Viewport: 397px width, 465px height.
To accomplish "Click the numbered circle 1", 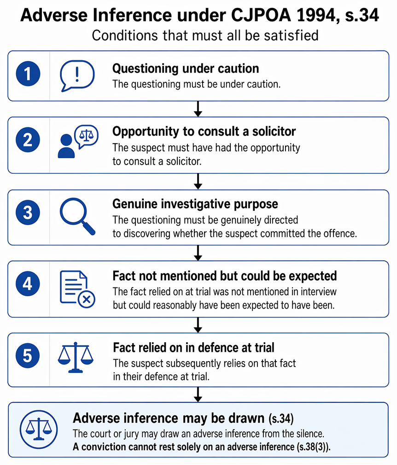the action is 28,74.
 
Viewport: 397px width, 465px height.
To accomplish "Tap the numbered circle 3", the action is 28,212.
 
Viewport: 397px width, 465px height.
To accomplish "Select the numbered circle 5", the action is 28,356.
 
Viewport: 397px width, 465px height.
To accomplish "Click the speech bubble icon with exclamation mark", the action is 77,76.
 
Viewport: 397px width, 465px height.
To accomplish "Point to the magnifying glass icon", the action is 77,216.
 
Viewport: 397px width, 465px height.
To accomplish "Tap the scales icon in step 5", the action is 76,357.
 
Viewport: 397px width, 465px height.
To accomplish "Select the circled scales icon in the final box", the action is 39,429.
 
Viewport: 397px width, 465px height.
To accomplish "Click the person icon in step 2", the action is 66,146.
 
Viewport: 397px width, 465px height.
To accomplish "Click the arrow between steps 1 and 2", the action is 198,109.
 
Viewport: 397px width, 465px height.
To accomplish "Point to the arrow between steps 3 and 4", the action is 198,253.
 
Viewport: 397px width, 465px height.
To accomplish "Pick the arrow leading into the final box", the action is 198,395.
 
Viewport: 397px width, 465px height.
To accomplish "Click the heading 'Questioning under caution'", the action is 186,69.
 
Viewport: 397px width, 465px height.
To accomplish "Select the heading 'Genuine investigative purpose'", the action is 195,204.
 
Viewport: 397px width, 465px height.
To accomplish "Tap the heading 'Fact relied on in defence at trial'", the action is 193,348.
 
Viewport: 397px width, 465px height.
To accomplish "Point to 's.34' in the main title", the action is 362,15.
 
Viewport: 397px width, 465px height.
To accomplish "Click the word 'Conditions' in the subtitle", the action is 125,35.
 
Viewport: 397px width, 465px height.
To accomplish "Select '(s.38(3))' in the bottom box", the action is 313,447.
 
